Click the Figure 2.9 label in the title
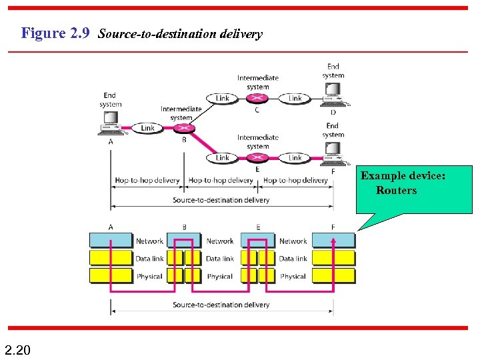[55, 33]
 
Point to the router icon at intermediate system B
[183, 127]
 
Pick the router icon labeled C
[258, 98]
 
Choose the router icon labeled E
[258, 158]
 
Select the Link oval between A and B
[147, 127]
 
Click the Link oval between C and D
[295, 98]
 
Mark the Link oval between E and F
[295, 158]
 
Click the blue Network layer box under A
[111, 241]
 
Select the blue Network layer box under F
[333, 241]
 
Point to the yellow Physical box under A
[111, 275]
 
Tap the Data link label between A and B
[149, 258]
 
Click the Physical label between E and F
[293, 276]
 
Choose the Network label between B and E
[220, 241]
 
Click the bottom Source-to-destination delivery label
[221, 305]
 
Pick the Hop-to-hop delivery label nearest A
[147, 180]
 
